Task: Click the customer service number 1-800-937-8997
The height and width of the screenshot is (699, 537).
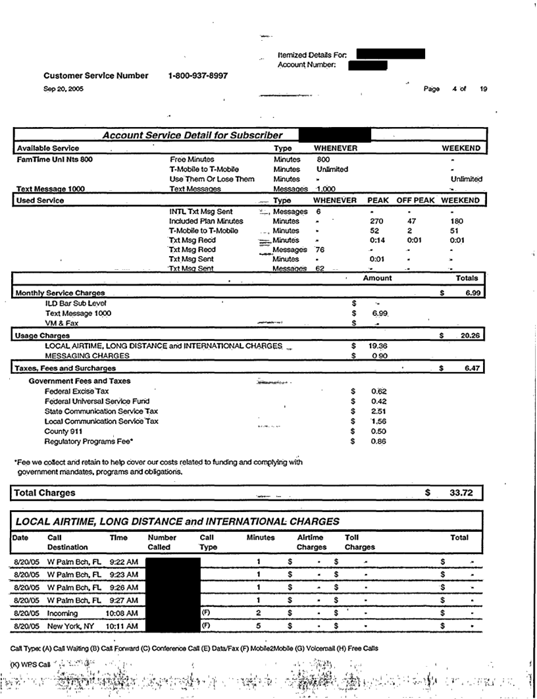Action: tap(198, 76)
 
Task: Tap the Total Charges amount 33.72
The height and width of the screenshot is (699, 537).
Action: tap(453, 492)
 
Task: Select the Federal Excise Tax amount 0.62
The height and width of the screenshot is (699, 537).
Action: tap(378, 391)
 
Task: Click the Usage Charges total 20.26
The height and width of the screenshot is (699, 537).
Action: tap(469, 336)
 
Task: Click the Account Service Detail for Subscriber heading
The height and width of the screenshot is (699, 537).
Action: tap(192, 135)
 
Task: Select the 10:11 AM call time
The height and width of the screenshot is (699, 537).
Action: tap(122, 625)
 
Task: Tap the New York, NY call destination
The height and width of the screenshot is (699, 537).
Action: tap(71, 625)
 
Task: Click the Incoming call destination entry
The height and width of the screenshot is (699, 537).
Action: tap(63, 613)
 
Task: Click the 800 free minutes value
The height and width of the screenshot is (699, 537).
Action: tap(322, 159)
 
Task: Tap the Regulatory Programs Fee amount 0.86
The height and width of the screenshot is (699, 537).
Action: tap(378, 442)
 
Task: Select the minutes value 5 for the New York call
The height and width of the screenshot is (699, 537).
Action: tap(259, 625)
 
